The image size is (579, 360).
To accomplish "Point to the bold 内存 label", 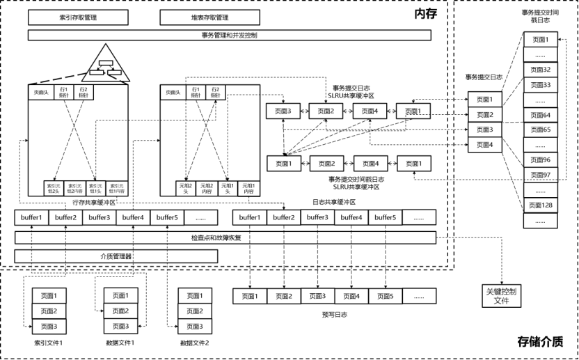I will point(425,13).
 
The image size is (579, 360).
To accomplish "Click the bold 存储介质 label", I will point(539,341).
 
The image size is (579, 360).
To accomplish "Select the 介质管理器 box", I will point(116,256).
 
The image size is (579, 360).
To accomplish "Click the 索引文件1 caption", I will point(49,343).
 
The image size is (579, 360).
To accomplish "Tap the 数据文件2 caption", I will point(194,343).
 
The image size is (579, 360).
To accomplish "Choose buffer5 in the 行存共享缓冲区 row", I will point(167,217).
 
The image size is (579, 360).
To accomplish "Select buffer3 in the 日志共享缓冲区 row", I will point(317,217).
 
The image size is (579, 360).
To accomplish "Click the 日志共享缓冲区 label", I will point(334,202).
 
